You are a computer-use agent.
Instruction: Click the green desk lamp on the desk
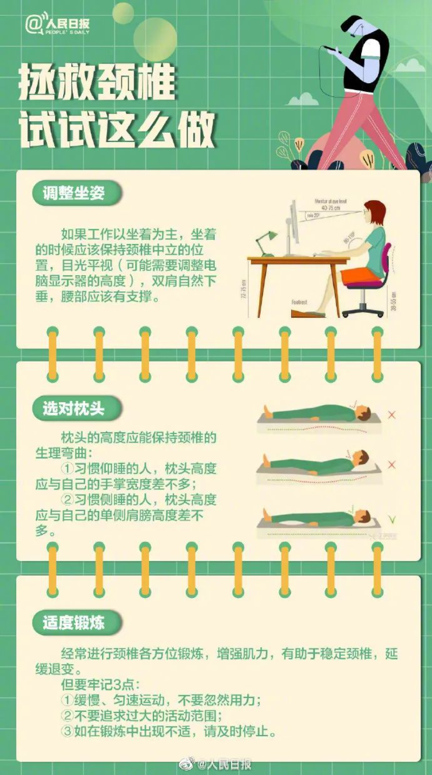pyautogui.click(x=266, y=241)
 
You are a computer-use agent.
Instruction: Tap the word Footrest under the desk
pyautogui.click(x=299, y=303)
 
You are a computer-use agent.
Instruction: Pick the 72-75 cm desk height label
pyautogui.click(x=244, y=289)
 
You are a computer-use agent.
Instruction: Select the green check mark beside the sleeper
pyautogui.click(x=392, y=520)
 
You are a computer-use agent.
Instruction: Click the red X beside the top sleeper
pyautogui.click(x=392, y=415)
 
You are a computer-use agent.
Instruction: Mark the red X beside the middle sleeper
pyautogui.click(x=392, y=465)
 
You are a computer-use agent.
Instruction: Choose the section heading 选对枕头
pyautogui.click(x=74, y=409)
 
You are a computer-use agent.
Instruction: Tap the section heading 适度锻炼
pyautogui.click(x=74, y=623)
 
